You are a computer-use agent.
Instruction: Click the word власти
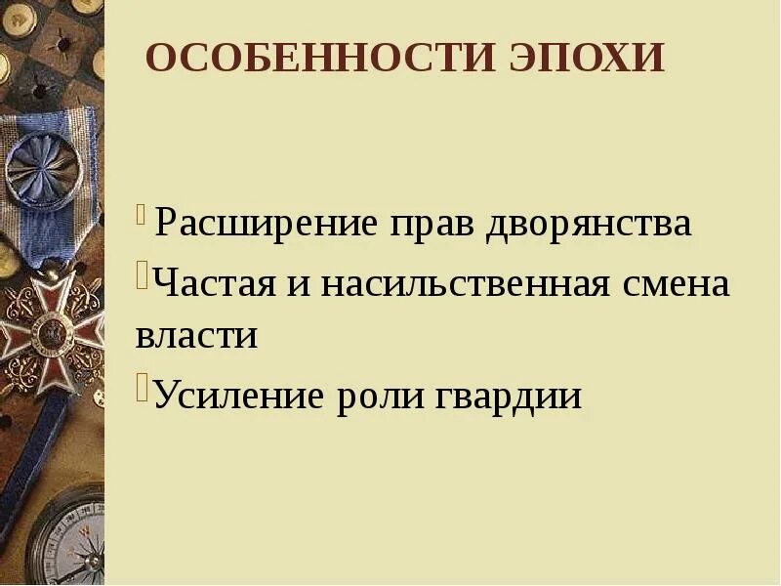point(196,335)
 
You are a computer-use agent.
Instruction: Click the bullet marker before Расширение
point(143,212)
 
